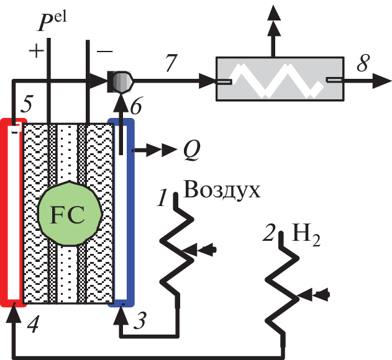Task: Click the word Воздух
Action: point(222,187)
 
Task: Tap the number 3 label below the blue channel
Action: point(142,321)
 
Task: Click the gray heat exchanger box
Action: point(280,79)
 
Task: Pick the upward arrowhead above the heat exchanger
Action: point(272,14)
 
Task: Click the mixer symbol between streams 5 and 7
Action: point(120,79)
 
